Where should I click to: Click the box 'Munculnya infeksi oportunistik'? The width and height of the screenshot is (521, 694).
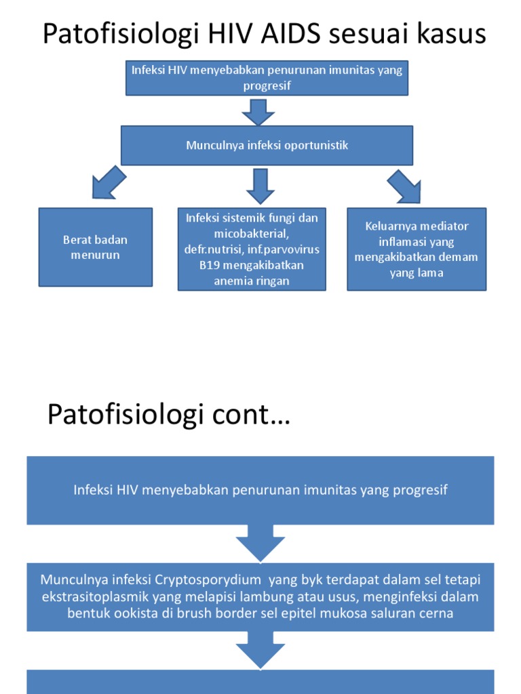267,145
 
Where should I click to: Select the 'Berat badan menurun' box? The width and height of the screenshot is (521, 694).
96,247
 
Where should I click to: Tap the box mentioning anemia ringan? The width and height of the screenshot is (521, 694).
252,249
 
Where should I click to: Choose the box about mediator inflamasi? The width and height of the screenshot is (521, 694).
417,249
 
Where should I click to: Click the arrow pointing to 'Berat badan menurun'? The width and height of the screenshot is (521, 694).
108,183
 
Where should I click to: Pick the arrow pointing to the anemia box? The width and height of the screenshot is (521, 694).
260,186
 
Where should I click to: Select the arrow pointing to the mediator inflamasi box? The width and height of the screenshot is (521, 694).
405,186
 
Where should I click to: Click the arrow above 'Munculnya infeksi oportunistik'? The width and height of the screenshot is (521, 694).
258,112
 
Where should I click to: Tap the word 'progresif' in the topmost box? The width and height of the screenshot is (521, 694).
267,85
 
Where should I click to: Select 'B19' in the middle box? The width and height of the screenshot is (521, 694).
208,265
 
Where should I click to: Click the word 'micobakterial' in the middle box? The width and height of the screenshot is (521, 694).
252,234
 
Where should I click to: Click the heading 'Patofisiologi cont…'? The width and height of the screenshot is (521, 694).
169,414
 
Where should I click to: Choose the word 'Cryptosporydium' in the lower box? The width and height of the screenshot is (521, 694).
208,580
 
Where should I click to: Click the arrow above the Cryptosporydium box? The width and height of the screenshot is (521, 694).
260,544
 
